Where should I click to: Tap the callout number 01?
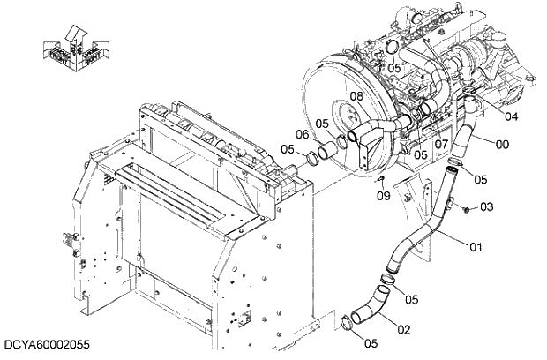(476, 246)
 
